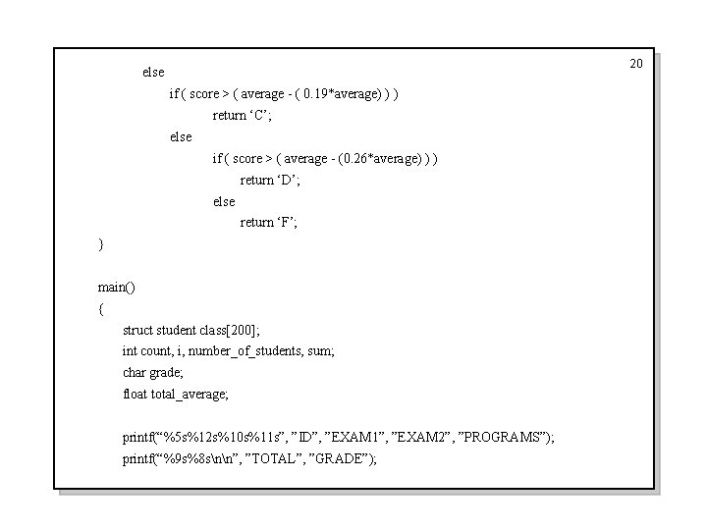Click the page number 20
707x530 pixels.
click(635, 64)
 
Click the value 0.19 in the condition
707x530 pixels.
click(319, 94)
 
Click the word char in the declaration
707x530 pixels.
click(134, 372)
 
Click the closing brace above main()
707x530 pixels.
click(100, 243)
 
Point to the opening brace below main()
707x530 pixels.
click(100, 308)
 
